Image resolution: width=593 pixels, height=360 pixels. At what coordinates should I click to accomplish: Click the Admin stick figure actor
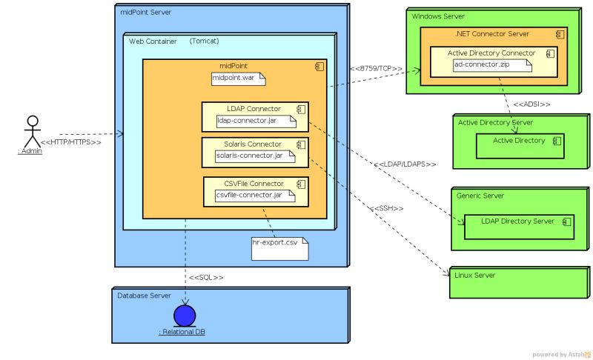tap(30, 132)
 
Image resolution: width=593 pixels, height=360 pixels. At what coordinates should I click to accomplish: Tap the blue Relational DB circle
tap(184, 316)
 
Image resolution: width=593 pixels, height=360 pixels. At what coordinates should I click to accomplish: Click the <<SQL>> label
tap(206, 277)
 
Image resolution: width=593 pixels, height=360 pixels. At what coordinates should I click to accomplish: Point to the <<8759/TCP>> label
tap(376, 69)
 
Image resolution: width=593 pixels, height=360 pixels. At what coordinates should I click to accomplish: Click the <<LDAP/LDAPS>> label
tap(405, 164)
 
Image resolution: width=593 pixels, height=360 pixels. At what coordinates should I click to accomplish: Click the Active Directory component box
tap(519, 145)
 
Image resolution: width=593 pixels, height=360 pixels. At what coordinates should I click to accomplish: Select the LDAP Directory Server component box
tap(518, 227)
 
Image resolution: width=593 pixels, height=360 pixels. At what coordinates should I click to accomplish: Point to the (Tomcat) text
tap(204, 41)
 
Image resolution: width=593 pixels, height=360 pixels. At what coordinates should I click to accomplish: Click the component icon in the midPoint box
tap(319, 67)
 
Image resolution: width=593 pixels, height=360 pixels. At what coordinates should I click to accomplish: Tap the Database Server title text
tap(144, 295)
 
